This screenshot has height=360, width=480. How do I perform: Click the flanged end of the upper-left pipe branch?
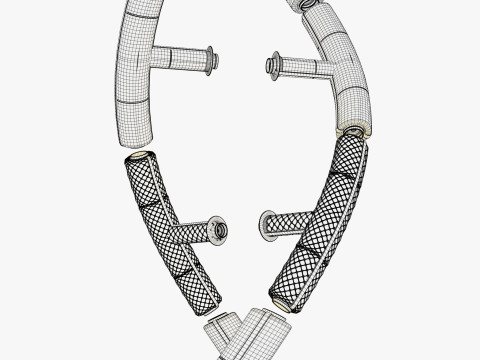tap(211, 60)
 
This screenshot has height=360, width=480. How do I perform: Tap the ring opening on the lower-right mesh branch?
tap(265, 226)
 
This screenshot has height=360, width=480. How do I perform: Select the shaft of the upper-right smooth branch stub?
tap(300, 68)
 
